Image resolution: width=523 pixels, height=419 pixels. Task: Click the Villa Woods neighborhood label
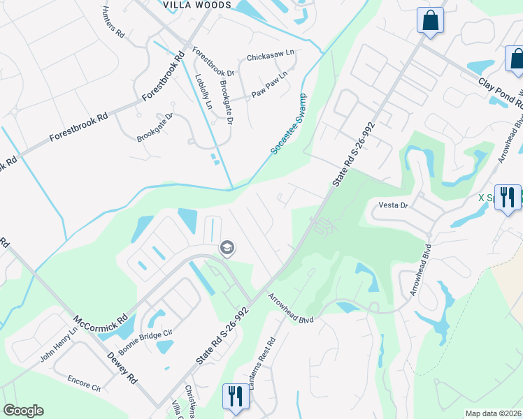pos(196,5)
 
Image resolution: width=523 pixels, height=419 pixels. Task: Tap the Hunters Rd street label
pos(113,22)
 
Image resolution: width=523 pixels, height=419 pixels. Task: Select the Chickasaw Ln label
pos(271,57)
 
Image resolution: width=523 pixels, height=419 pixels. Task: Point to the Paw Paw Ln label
pos(269,84)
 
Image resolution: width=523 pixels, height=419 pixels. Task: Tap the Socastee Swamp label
pos(289,124)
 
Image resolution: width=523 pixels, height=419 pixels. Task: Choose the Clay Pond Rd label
pos(501,92)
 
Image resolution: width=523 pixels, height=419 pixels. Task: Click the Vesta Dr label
pos(392,205)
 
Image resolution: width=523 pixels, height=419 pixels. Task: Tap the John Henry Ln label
pos(59,344)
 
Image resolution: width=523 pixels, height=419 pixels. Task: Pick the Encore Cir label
pos(84,383)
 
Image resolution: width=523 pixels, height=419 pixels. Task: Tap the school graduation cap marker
pos(227,248)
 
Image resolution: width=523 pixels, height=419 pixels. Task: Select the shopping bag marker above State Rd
pos(430,21)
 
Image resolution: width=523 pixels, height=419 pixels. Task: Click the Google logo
pos(23,411)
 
